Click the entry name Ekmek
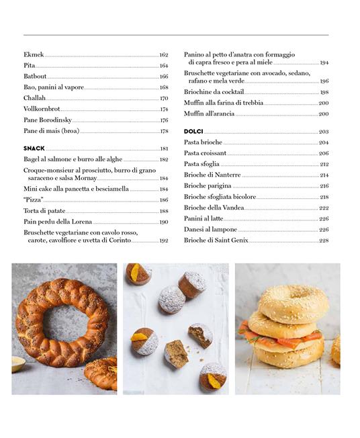(34, 54)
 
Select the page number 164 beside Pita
(163, 66)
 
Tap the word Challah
(35, 98)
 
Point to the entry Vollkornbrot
(42, 109)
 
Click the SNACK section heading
(34, 148)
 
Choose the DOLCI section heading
(193, 132)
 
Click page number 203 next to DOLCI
(323, 132)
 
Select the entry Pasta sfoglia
(202, 164)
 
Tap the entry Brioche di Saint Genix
(216, 240)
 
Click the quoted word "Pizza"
(34, 200)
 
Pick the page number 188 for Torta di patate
(163, 211)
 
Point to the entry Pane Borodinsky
(48, 120)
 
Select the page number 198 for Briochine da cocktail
(324, 92)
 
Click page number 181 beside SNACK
(163, 148)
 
